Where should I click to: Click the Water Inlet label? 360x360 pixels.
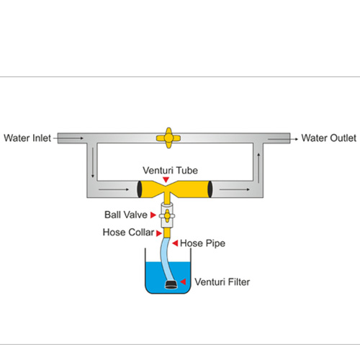click(x=27, y=138)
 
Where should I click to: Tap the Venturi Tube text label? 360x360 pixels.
click(x=166, y=170)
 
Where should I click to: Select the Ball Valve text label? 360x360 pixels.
click(x=126, y=215)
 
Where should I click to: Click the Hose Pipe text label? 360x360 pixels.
click(x=202, y=243)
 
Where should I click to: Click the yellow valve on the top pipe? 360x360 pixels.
click(x=167, y=138)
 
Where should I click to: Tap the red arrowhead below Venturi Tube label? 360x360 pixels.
click(x=166, y=179)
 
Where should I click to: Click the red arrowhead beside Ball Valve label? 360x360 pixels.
click(x=153, y=215)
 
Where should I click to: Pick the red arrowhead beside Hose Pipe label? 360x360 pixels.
click(x=175, y=243)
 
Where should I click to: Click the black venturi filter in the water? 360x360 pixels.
click(x=171, y=284)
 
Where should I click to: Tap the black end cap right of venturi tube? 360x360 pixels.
click(x=210, y=189)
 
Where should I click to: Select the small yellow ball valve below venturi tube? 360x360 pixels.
click(x=166, y=215)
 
